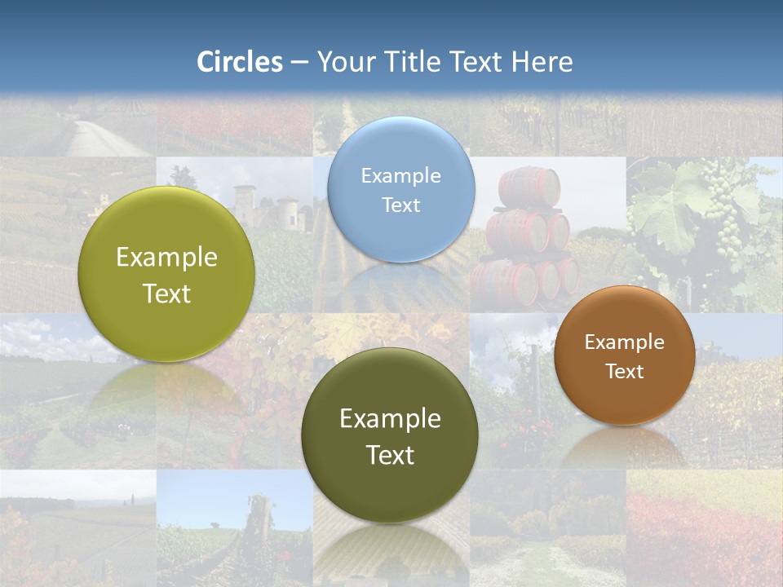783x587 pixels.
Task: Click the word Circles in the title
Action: pos(240,62)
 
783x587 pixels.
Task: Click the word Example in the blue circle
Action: pos(400,175)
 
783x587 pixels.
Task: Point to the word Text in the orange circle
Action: pos(625,372)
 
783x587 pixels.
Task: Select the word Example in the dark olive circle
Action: pos(390,419)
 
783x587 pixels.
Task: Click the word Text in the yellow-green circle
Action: pos(166,294)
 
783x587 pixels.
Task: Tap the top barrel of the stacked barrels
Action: pos(530,187)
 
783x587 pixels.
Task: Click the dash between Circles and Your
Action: pos(299,63)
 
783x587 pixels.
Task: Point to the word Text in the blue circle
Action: pos(400,205)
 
